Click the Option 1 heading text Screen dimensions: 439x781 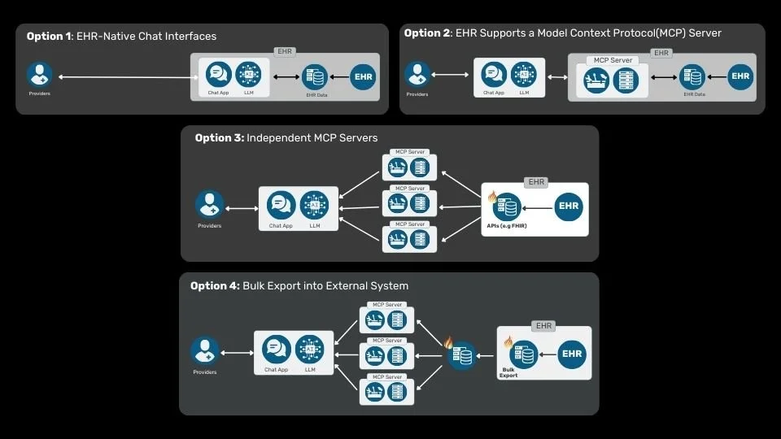(121, 37)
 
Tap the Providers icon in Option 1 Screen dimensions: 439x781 (40, 75)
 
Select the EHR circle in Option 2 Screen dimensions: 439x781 (740, 76)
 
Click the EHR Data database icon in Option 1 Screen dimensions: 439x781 (315, 77)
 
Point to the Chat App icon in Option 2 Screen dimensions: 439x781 (493, 76)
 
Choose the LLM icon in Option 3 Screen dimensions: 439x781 (314, 205)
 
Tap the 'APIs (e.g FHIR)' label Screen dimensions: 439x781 (504, 225)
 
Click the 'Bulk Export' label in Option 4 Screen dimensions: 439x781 (508, 372)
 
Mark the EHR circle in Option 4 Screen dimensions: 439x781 (572, 354)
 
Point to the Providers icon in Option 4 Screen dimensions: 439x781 (205, 351)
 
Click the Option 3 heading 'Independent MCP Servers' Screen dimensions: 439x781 (286, 138)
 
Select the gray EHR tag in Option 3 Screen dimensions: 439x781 (536, 182)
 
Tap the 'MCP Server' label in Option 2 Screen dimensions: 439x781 (613, 60)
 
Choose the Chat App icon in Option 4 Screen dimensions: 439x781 (277, 350)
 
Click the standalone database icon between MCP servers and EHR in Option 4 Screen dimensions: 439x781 (462, 354)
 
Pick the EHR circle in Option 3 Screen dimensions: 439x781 (569, 206)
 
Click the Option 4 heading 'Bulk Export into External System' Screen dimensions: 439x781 (299, 286)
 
